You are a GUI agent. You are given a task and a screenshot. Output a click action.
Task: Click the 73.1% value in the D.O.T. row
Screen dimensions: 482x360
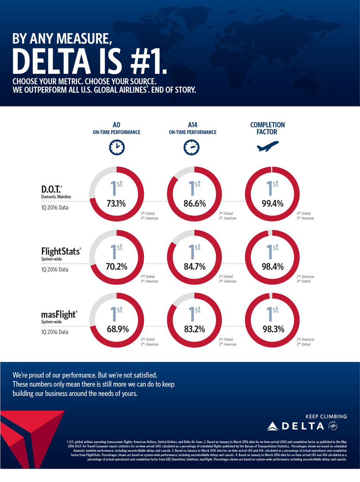click(x=116, y=204)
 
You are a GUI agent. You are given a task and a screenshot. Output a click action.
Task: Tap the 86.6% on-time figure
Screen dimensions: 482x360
click(x=194, y=204)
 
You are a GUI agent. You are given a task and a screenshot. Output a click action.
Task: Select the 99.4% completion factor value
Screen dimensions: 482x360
click(x=272, y=204)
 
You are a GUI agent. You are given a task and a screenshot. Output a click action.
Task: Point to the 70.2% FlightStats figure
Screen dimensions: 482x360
click(x=116, y=267)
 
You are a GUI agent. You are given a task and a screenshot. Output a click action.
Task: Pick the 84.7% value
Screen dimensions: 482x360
click(x=194, y=267)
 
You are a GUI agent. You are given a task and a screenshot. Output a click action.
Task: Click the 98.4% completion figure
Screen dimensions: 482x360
click(x=272, y=267)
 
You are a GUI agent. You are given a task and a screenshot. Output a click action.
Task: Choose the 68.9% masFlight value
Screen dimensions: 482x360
click(x=116, y=329)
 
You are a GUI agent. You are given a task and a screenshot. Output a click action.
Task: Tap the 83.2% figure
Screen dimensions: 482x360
click(x=194, y=329)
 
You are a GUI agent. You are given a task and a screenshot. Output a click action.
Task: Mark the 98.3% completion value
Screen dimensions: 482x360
click(x=272, y=329)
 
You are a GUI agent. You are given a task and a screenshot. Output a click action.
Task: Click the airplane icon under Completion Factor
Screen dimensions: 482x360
click(x=268, y=147)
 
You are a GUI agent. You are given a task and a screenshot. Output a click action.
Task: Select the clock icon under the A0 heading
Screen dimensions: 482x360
click(x=116, y=148)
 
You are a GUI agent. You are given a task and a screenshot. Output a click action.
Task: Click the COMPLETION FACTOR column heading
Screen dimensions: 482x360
click(x=267, y=128)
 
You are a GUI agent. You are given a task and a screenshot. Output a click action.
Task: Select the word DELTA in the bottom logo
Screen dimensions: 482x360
click(x=303, y=426)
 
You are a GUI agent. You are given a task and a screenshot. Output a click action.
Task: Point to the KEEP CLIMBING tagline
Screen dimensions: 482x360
click(x=326, y=416)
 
